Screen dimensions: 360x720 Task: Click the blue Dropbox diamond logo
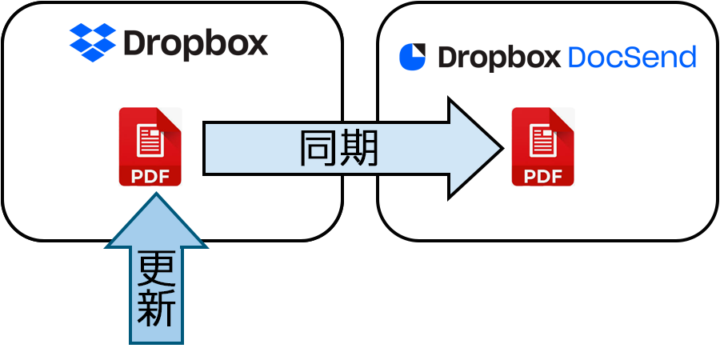pos(92,42)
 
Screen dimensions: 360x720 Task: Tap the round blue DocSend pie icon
pos(413,57)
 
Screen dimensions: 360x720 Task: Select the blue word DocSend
pos(631,58)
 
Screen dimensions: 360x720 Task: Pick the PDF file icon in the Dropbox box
pos(150,146)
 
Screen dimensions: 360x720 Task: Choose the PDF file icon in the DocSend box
pos(543,146)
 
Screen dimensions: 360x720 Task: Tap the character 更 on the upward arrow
pos(156,270)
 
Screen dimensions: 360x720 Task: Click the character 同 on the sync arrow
pos(318,148)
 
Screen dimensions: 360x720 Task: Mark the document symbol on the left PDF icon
pos(149,140)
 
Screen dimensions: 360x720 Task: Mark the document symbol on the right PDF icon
pos(542,140)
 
